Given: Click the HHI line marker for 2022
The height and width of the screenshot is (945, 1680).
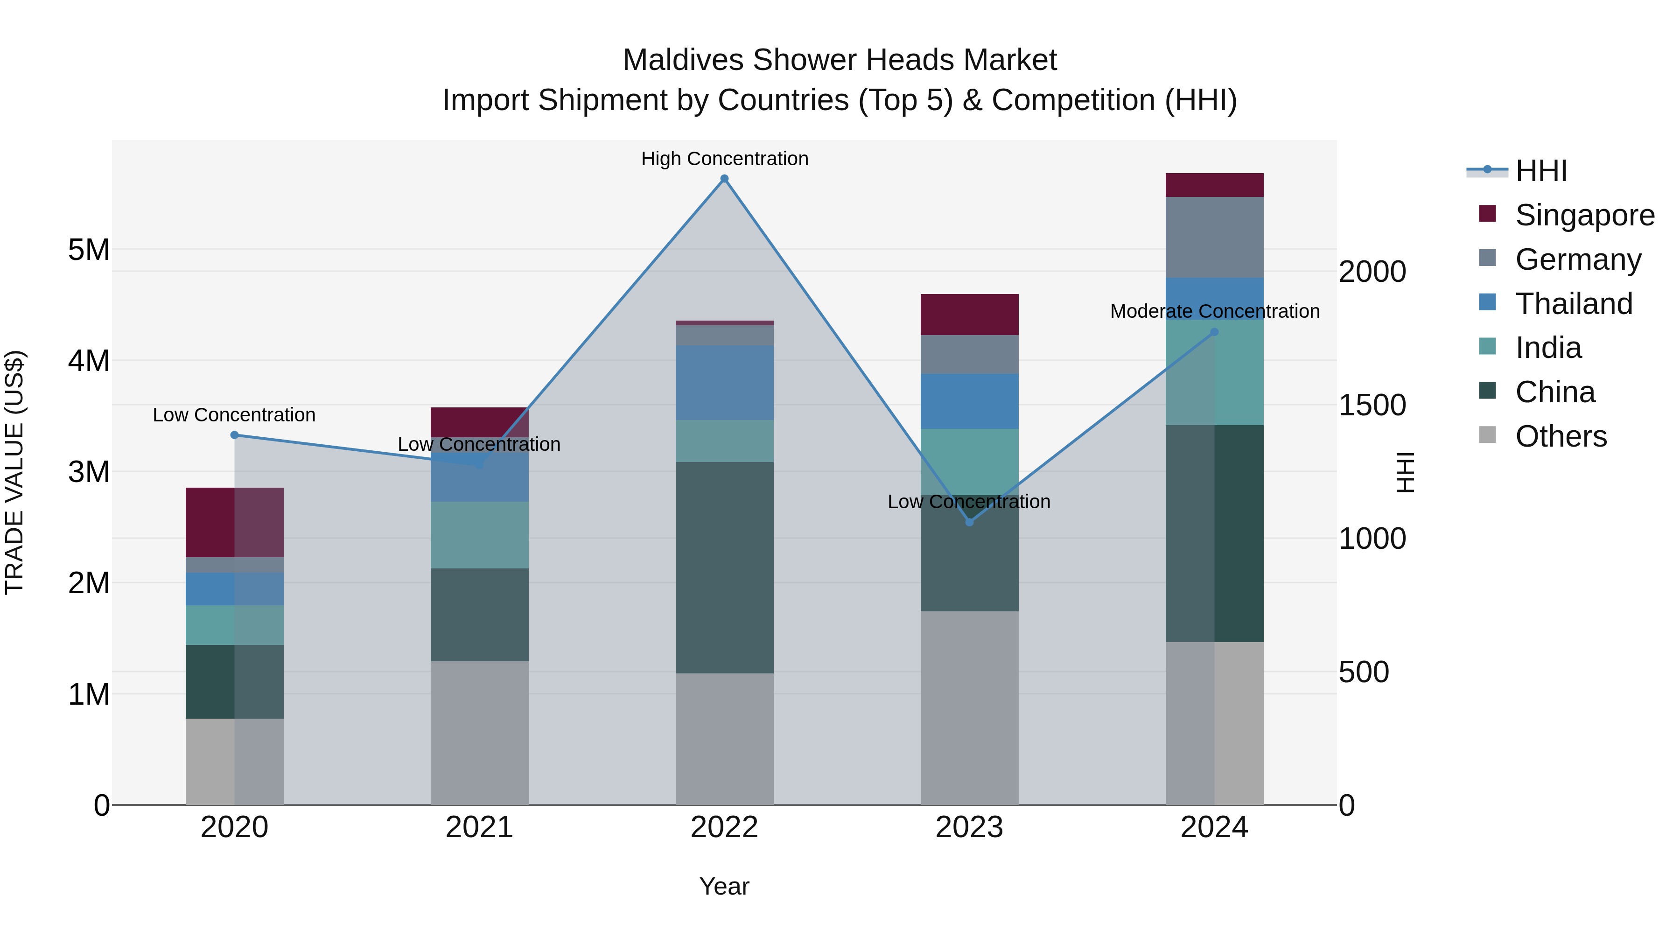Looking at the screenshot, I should (x=724, y=179).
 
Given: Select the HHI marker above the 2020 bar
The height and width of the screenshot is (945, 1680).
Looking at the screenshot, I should (x=235, y=435).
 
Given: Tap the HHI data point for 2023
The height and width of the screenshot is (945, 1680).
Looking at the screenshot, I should (x=969, y=522).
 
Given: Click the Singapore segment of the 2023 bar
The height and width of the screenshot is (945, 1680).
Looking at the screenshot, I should (x=969, y=315).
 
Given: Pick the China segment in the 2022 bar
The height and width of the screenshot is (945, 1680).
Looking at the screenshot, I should (x=724, y=567).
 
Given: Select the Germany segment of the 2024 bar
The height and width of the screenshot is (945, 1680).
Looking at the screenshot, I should (x=1214, y=238).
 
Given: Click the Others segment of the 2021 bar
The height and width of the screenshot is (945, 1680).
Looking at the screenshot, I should (x=479, y=733).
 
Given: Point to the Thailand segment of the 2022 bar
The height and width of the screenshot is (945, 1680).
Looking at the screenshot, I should (x=724, y=383).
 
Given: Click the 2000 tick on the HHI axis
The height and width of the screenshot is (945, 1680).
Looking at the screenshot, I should (x=1372, y=272).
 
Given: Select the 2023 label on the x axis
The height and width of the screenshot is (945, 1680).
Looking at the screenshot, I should (x=969, y=827).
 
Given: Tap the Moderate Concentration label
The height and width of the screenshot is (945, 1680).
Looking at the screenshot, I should (x=1214, y=312).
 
